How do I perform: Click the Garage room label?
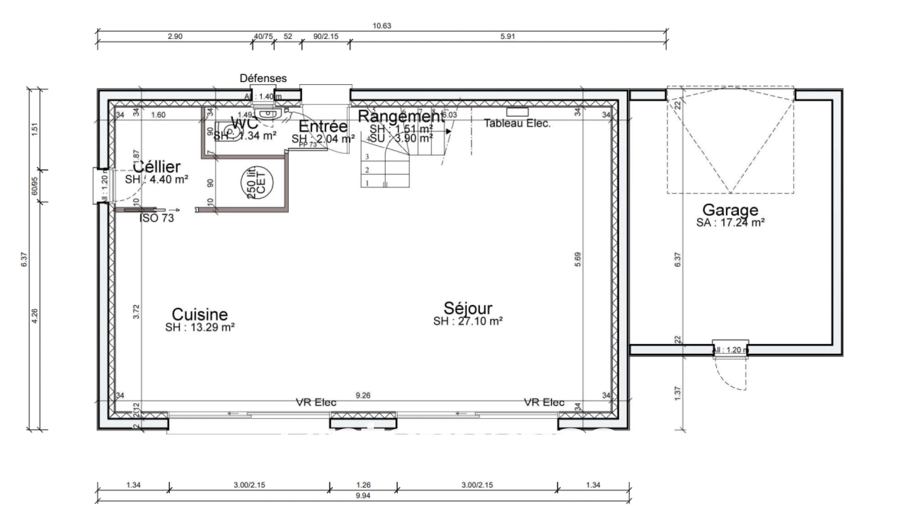pos(730,210)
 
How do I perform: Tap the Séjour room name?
pos(468,308)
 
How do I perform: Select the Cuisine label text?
pos(200,314)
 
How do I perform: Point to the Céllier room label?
pos(157,167)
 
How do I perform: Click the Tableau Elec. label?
pos(517,123)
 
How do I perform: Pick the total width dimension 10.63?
pos(382,26)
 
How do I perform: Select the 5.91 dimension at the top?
pos(507,37)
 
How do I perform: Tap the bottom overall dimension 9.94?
pos(363,496)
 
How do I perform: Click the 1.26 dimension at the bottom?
pos(363,485)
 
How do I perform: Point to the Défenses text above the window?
pos(263,78)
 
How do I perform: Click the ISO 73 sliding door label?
pos(157,218)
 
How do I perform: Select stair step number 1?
pos(367,183)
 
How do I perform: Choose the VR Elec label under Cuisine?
pos(316,403)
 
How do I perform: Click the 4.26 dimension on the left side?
pos(34,316)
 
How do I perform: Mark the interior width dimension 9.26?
pos(363,395)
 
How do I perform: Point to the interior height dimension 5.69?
pos(577,259)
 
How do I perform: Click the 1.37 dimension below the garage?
pos(678,392)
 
